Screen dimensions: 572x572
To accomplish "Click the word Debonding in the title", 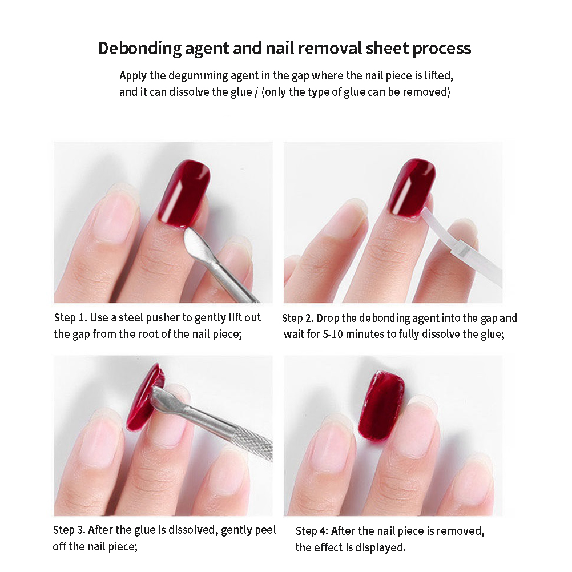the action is [139, 49].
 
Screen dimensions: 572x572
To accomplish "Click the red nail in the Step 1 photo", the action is [183, 194].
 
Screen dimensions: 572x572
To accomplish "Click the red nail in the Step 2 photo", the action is [412, 188].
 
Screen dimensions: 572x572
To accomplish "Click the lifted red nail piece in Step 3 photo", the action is [145, 398].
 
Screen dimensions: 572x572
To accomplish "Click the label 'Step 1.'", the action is [70, 318].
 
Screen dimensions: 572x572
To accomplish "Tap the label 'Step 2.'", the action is [297, 319].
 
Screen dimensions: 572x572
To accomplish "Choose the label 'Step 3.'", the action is [69, 530].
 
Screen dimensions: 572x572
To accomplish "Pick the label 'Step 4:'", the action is [312, 531].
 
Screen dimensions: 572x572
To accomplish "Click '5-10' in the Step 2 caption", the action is [333, 334].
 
